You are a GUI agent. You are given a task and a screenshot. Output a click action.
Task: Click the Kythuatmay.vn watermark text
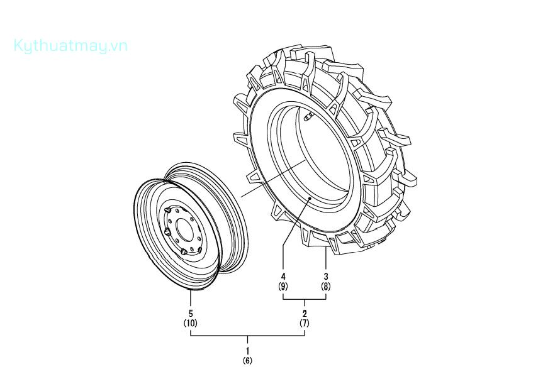point(70,45)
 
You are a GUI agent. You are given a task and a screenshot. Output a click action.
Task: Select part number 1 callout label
point(248,349)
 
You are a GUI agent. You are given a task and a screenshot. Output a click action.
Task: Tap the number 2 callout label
point(305,313)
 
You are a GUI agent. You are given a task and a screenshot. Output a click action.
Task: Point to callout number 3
point(326,277)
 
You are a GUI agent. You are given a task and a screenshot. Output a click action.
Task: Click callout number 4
point(283,277)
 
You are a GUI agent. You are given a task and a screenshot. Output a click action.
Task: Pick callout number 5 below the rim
point(191,313)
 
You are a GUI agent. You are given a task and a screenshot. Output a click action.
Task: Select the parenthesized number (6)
point(248,361)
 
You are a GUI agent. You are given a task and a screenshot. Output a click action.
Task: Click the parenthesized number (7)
point(305,323)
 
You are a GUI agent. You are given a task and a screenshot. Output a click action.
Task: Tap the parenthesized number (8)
point(326,287)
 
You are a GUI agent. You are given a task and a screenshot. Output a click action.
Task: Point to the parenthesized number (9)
point(283,287)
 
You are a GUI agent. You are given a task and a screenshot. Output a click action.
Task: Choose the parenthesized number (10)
point(191,323)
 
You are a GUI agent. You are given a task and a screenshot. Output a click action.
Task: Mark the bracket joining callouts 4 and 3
point(305,300)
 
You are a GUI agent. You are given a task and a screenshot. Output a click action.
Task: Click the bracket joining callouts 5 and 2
point(248,336)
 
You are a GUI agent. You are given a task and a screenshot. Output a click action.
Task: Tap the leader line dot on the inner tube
point(312,197)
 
